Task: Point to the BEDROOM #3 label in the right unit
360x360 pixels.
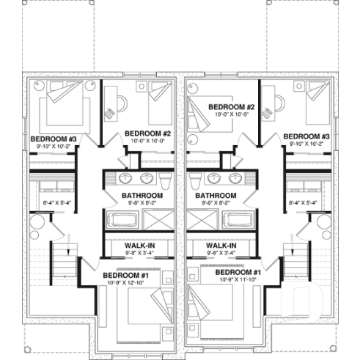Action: (306, 136)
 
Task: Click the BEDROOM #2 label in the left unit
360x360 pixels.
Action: (151, 133)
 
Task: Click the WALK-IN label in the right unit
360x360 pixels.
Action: (221, 246)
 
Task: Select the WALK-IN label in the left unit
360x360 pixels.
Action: (139, 246)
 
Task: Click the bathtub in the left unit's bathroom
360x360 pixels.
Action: (120, 219)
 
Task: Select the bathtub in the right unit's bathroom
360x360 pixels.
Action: (238, 219)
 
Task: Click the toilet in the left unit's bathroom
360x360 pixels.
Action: (165, 180)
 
